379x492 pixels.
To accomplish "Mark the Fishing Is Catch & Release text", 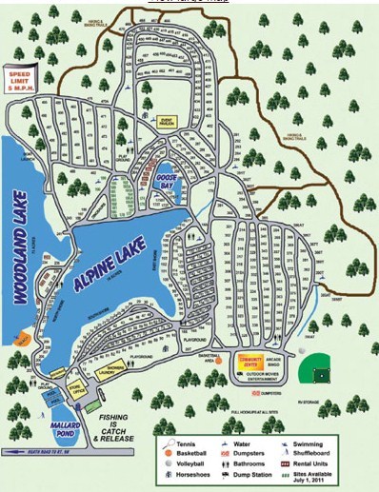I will click(115, 415).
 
